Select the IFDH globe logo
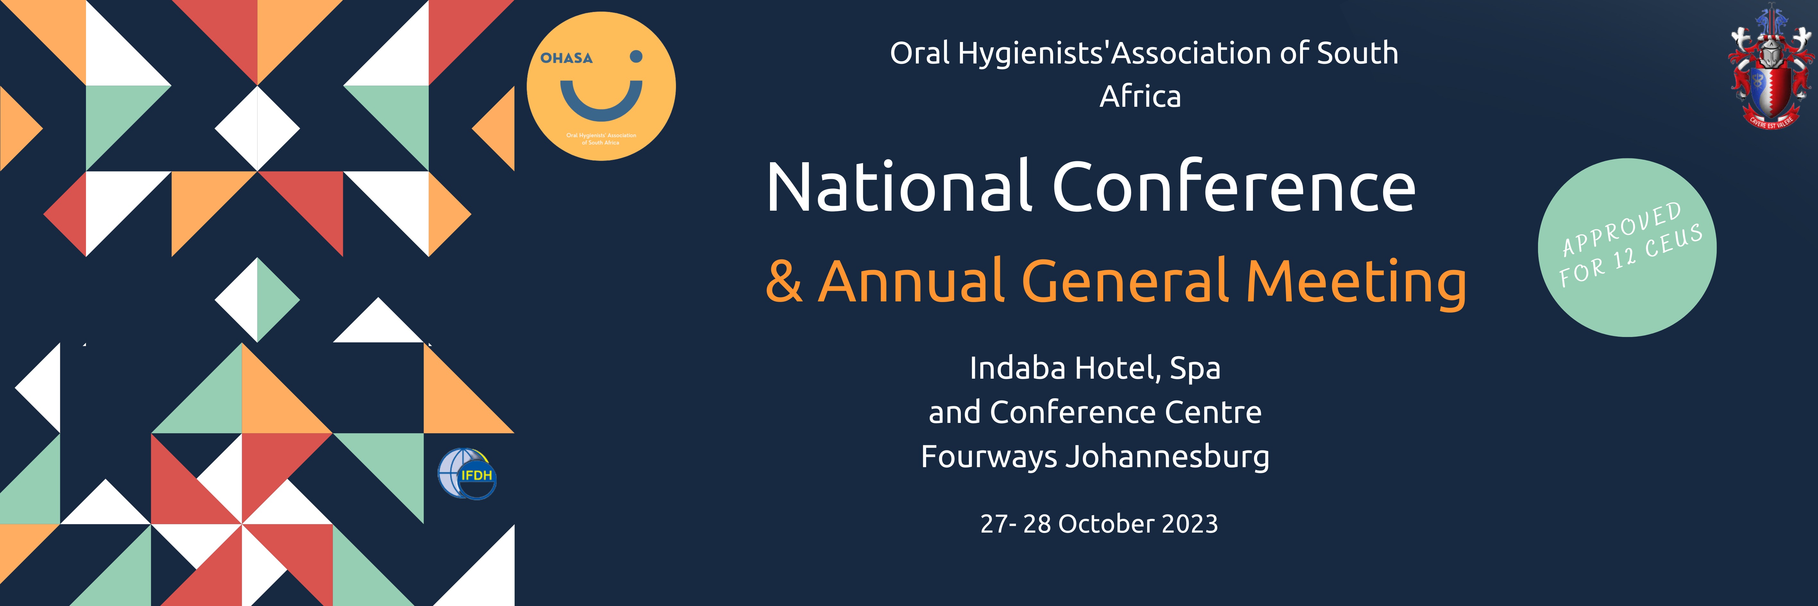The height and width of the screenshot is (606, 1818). click(x=467, y=474)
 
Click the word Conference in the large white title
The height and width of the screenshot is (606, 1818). click(x=1234, y=187)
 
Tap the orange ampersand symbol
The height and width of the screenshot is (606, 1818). click(x=784, y=281)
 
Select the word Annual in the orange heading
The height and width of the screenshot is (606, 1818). click(x=910, y=281)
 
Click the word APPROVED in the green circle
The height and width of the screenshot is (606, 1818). click(x=1621, y=229)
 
